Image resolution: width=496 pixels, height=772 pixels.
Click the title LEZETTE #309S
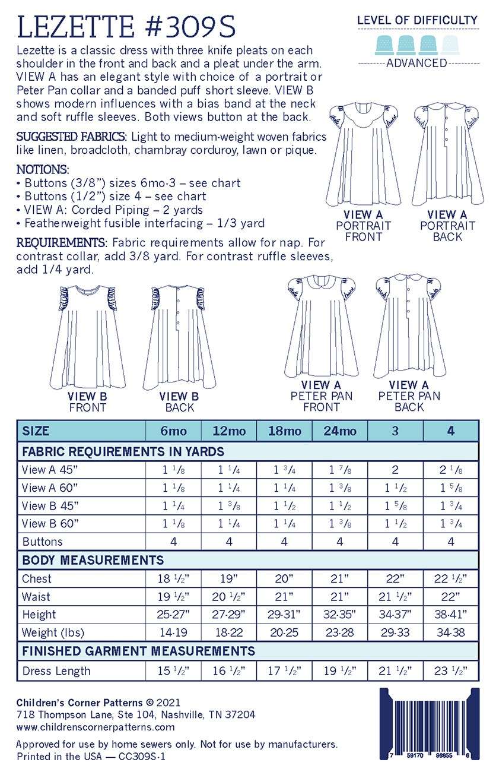(x=127, y=27)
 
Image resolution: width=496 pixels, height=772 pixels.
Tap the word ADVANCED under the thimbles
(x=416, y=63)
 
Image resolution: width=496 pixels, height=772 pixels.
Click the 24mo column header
(x=340, y=431)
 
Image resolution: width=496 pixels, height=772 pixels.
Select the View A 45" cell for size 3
(x=395, y=470)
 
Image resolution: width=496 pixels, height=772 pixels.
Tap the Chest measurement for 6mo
(x=173, y=578)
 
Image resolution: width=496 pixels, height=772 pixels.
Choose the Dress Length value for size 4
(x=451, y=671)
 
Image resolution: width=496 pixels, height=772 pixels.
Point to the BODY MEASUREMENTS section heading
(x=93, y=560)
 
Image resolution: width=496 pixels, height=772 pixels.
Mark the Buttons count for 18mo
(x=284, y=542)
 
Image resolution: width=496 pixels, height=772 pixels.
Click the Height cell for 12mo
(x=229, y=614)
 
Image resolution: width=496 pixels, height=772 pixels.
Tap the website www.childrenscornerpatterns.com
(x=96, y=726)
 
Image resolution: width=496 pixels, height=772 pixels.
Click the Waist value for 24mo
(x=340, y=596)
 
